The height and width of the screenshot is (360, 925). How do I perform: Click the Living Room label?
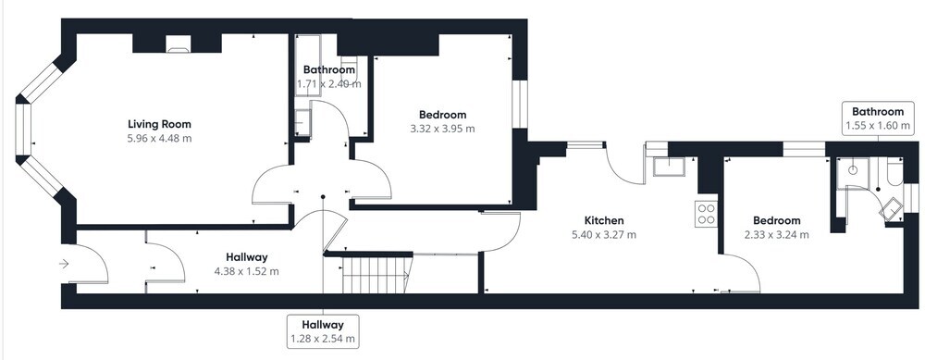[159, 124]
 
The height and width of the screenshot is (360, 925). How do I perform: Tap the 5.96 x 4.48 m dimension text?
[159, 139]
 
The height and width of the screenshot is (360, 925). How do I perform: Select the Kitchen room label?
[604, 221]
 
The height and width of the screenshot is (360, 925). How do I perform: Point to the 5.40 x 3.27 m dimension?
[604, 235]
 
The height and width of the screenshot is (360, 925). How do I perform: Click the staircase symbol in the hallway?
[376, 275]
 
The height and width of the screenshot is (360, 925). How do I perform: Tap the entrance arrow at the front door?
[65, 265]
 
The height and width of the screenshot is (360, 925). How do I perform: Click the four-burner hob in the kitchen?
[707, 214]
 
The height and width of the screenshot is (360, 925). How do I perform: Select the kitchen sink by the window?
[669, 167]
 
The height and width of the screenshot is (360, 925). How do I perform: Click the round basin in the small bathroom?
[853, 169]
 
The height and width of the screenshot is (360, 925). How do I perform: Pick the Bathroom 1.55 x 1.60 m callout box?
[877, 118]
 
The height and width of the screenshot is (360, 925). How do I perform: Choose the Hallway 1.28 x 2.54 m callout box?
[323, 331]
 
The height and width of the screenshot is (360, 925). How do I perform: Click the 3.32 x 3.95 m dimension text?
[442, 129]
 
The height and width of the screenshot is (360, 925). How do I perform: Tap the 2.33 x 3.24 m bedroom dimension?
[776, 235]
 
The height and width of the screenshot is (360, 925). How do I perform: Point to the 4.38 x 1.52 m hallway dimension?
[247, 271]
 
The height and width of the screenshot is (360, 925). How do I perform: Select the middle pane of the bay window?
[22, 130]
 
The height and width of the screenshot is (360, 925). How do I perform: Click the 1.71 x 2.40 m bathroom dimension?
[328, 84]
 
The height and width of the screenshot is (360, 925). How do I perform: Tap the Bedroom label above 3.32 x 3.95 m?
[442, 115]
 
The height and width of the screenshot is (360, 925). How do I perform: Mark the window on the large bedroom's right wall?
[520, 104]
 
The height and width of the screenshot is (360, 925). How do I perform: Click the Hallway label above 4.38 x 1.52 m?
[247, 257]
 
